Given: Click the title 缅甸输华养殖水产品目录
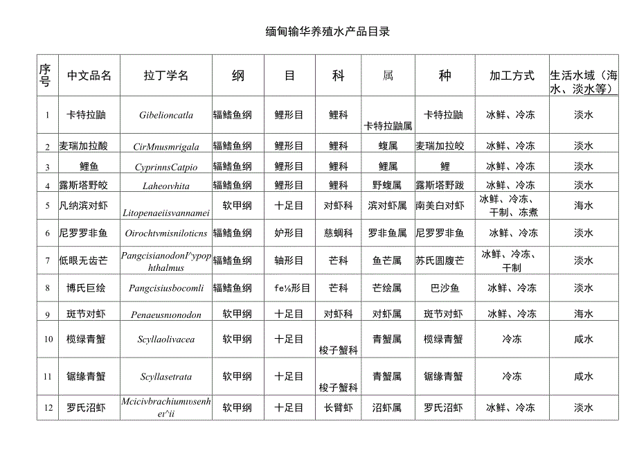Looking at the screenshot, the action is [323, 32].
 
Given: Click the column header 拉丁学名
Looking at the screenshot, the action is [166, 76].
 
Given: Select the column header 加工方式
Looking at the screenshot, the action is [512, 76].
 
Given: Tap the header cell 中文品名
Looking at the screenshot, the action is [89, 76].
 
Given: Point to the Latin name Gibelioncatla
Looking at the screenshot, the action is [166, 115].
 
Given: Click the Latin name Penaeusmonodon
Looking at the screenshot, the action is [166, 315].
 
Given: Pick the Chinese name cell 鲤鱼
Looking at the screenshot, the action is [89, 166].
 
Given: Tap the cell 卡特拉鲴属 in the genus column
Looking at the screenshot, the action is [388, 126].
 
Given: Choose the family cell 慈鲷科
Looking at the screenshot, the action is [338, 233].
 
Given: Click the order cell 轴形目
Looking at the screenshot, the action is [289, 260].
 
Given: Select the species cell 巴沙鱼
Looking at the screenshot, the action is [445, 288].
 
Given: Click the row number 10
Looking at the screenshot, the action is [48, 339].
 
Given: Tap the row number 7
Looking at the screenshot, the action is [48, 260].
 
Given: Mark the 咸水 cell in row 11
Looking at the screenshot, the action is [583, 377].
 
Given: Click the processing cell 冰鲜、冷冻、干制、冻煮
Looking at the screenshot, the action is [511, 206].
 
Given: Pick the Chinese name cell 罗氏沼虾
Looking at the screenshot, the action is [87, 407].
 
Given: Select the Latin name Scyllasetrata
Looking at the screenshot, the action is [166, 377].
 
